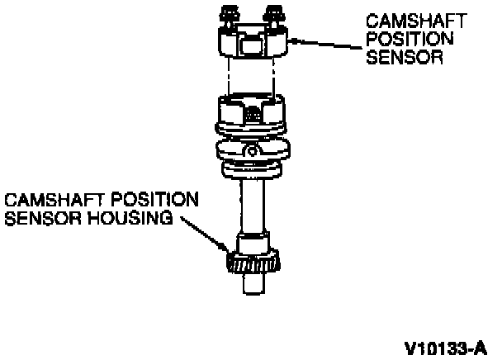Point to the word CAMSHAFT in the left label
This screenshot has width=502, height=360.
pyautogui.click(x=42, y=201)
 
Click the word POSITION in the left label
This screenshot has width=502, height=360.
pyautogui.click(x=139, y=201)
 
